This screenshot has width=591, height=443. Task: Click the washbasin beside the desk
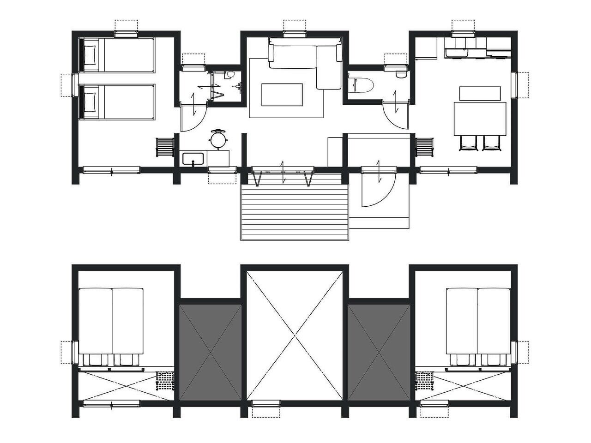click(x=193, y=159)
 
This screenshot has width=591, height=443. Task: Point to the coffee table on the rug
click(x=282, y=94)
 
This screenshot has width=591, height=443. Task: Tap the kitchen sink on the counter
click(x=457, y=50)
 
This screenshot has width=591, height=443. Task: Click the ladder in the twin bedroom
click(x=165, y=147)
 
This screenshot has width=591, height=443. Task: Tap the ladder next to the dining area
click(x=424, y=147)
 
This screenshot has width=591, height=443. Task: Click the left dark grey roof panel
click(x=211, y=352)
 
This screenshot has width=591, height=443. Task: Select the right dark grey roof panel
click(x=379, y=352)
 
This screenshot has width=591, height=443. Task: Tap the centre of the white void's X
click(x=295, y=335)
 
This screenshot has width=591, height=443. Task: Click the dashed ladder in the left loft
click(x=165, y=381)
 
